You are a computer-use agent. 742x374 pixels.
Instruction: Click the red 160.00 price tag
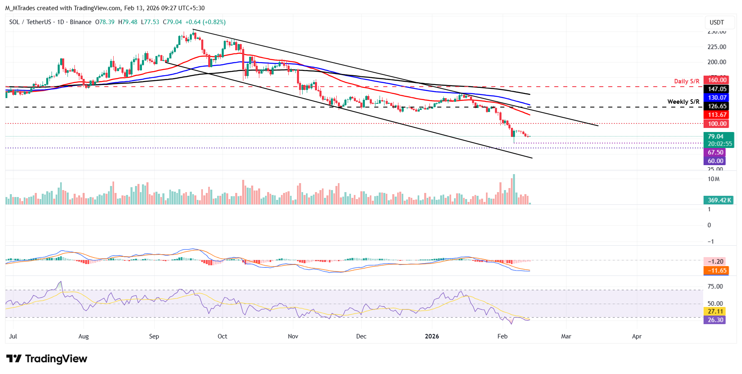click(717, 80)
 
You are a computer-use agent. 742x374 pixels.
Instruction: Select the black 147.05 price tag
click(717, 89)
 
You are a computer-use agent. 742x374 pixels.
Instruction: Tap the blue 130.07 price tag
click(717, 98)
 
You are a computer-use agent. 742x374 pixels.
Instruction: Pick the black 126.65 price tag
click(717, 106)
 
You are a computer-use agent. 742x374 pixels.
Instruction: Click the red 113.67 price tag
click(717, 115)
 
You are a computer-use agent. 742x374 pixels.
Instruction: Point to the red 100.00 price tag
click(717, 124)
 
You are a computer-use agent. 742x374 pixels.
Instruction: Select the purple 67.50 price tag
click(715, 152)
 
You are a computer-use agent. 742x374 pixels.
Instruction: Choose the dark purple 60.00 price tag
click(715, 161)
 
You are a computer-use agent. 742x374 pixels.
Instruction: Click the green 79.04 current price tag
click(718, 137)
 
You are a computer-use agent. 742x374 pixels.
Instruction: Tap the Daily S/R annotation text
click(686, 81)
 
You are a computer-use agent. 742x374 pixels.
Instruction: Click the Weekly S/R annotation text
click(683, 102)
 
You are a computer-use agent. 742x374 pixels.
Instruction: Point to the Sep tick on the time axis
click(154, 336)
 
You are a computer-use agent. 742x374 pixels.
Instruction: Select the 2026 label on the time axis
click(432, 336)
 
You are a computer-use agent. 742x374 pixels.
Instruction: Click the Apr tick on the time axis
click(636, 336)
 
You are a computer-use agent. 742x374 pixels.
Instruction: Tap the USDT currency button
click(717, 22)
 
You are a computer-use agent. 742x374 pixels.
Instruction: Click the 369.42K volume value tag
click(718, 200)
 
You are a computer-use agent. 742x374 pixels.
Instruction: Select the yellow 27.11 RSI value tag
click(715, 311)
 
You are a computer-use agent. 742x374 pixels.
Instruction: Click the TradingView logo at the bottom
click(47, 359)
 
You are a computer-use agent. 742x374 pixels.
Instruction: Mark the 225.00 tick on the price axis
click(717, 47)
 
